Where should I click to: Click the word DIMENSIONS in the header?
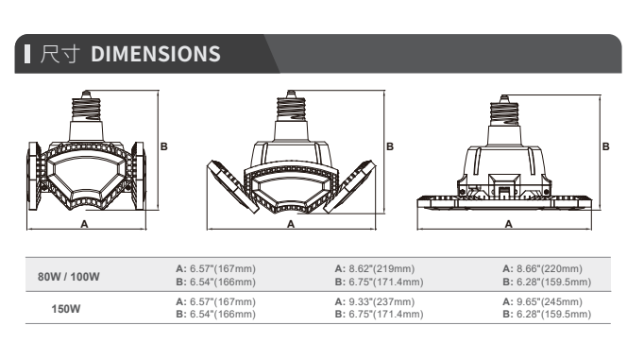pos(156,54)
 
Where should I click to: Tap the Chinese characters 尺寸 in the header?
pos(60,54)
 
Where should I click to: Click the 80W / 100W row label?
pos(69,277)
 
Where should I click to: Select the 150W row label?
pos(66,309)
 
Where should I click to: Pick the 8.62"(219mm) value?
pos(381,268)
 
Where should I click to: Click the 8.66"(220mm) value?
pos(550,268)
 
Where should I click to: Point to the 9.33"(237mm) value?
pos(381,301)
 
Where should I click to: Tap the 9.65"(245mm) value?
pos(550,301)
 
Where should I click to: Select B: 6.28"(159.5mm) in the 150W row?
pos(547,314)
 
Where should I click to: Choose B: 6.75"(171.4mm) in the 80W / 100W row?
pos(379,282)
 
